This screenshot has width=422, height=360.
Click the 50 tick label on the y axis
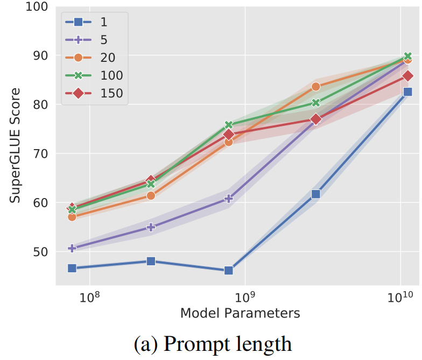(39, 252)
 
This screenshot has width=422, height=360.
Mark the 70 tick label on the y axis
(39, 154)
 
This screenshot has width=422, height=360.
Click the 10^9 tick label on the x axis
(245, 296)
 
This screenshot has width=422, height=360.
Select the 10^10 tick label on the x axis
(401, 296)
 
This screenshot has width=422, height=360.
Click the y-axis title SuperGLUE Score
(16, 145)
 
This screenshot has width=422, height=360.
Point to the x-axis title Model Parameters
(240, 313)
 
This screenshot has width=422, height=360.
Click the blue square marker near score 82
(407, 92)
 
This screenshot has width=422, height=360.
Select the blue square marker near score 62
(316, 194)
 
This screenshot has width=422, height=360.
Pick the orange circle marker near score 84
(316, 87)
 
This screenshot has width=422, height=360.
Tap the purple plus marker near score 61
(228, 199)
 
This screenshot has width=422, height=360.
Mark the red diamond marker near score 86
(407, 76)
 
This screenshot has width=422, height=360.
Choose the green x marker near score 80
(316, 103)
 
